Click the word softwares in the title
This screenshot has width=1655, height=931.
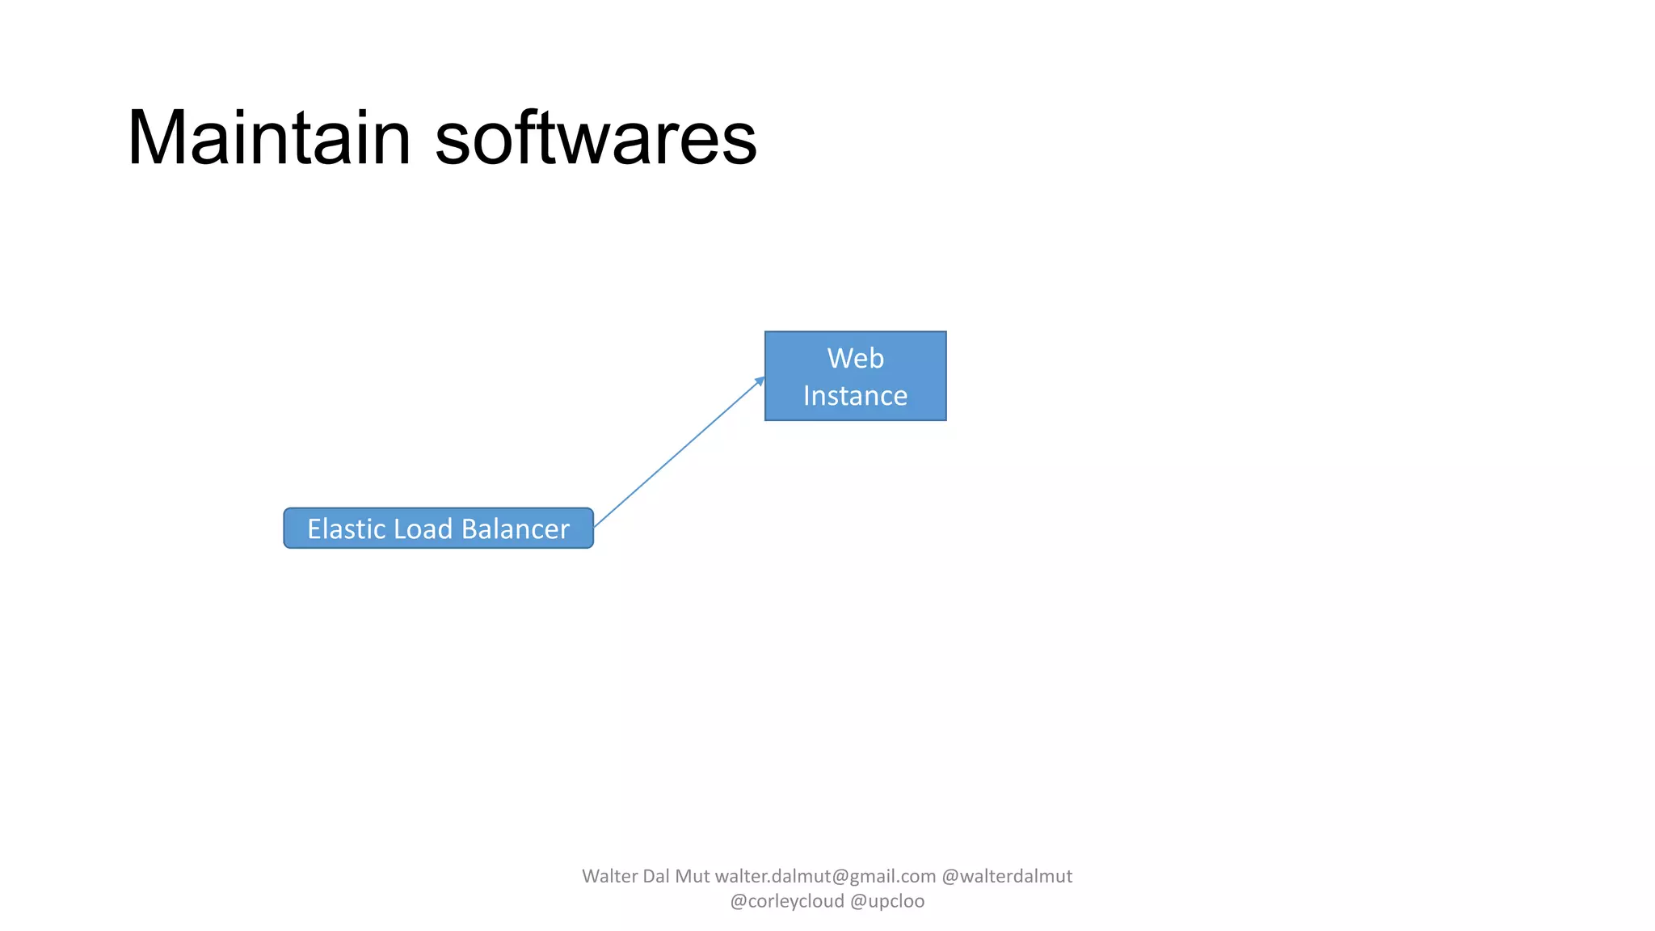tap(596, 138)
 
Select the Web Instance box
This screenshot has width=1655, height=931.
tap(855, 376)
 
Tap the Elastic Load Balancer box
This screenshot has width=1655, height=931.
tap(438, 529)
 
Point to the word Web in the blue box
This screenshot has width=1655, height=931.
tap(855, 358)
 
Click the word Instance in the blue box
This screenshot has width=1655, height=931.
tap(855, 396)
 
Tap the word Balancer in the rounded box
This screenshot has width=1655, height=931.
tap(516, 529)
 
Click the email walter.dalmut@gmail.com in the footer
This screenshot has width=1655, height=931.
tap(825, 876)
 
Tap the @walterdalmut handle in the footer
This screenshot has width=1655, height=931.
tap(1007, 876)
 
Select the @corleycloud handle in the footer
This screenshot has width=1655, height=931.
tap(786, 901)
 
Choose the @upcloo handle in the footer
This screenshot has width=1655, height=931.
tap(887, 901)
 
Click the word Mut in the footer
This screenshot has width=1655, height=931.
tap(693, 876)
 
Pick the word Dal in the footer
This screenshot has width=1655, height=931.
tap(655, 876)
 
